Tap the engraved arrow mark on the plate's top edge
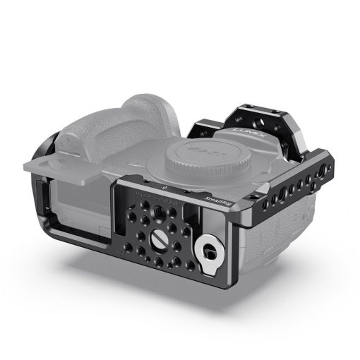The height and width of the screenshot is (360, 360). point(164,188)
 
